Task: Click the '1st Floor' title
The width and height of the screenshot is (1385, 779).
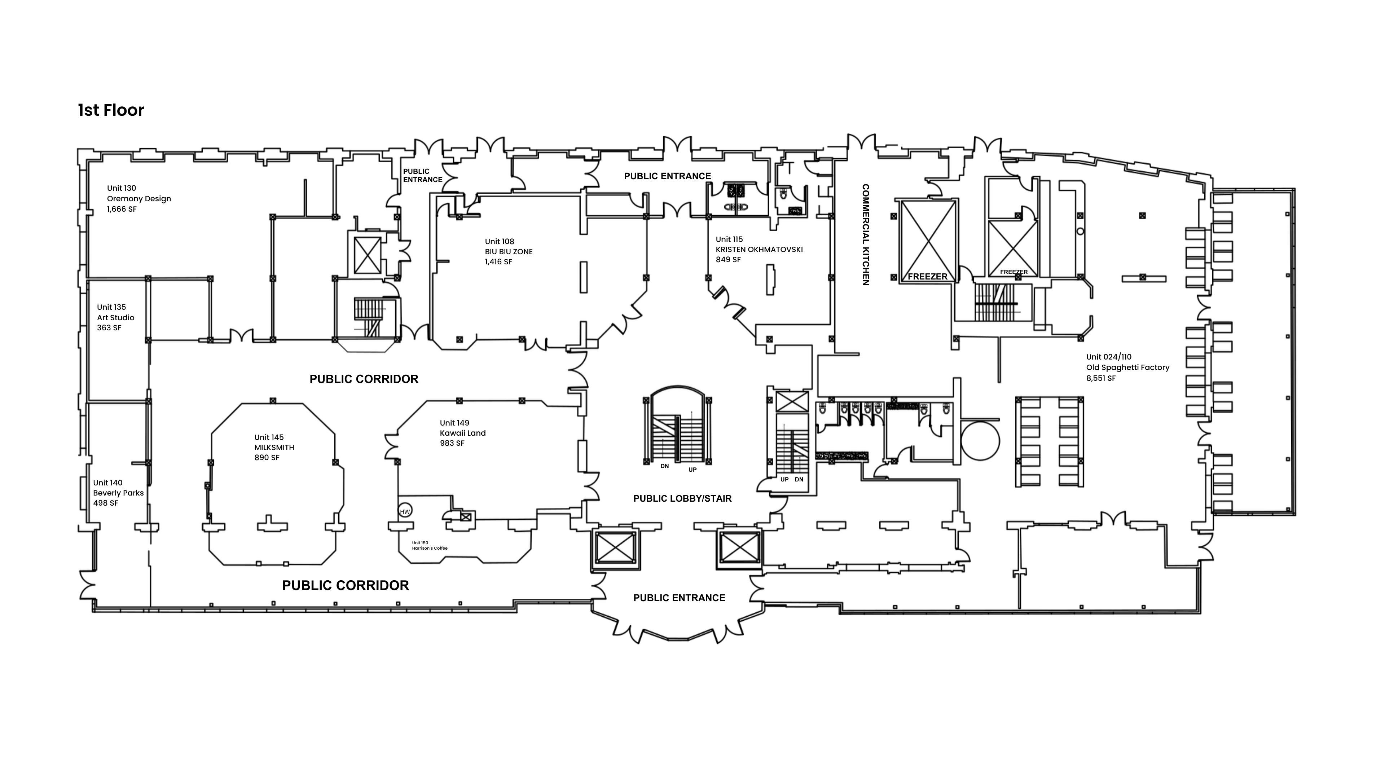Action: click(111, 110)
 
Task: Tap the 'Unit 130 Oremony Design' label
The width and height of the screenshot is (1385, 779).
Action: click(139, 198)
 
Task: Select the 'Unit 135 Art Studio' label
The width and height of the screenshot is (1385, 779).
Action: click(115, 317)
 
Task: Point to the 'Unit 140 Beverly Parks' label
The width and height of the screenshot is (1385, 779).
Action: click(118, 492)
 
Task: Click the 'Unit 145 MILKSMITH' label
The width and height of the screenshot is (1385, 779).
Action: click(274, 447)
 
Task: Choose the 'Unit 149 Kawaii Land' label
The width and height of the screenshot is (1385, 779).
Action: click(462, 433)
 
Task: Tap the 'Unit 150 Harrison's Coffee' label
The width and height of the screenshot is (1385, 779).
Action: click(430, 546)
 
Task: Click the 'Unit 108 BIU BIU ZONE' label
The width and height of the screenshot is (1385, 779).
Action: click(509, 252)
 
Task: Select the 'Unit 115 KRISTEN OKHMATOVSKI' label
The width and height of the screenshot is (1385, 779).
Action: click(759, 250)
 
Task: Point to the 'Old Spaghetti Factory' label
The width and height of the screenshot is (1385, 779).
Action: click(1127, 367)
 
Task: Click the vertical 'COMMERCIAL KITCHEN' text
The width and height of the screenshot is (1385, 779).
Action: click(866, 234)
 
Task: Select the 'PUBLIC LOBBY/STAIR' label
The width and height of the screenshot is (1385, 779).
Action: click(682, 498)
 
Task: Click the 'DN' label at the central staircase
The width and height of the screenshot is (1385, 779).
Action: click(664, 466)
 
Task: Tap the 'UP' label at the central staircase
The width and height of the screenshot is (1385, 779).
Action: click(692, 469)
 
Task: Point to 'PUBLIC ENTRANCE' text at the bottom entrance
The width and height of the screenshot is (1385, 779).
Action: click(679, 598)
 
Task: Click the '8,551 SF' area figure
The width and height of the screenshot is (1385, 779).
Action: click(1100, 378)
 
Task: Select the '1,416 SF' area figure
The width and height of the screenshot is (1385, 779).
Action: click(498, 262)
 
